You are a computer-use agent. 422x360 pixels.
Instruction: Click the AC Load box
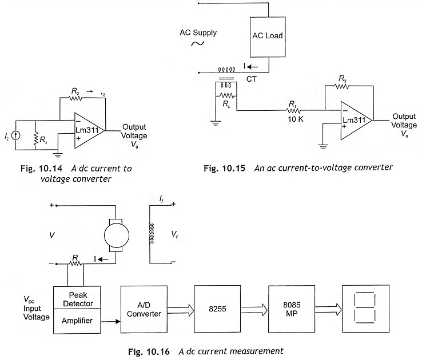[x=268, y=37]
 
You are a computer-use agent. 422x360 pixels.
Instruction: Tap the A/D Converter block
[x=144, y=309]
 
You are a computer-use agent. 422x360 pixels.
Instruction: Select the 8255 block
[x=217, y=309]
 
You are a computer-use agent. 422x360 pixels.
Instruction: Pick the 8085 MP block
[x=292, y=309]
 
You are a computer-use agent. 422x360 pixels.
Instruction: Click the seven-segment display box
[x=365, y=309]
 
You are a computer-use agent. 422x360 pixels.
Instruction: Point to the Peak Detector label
[x=78, y=299]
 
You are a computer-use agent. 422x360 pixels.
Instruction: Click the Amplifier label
[x=77, y=321]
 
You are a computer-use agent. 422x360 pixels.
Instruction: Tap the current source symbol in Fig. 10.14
[x=16, y=135]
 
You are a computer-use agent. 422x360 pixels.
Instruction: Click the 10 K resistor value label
[x=296, y=119]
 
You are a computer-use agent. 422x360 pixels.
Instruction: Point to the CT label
[x=252, y=79]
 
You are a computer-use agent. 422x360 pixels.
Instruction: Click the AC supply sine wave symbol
[x=197, y=43]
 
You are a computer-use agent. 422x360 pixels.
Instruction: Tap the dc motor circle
[x=117, y=235]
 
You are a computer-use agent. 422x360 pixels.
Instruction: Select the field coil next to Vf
[x=152, y=233]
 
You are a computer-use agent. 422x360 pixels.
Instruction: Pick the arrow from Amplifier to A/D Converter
[x=110, y=321]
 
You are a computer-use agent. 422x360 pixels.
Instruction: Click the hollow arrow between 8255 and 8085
[x=254, y=310]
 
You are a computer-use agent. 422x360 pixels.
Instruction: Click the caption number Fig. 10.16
[x=149, y=351]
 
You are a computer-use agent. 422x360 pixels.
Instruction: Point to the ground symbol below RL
[x=216, y=123]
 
